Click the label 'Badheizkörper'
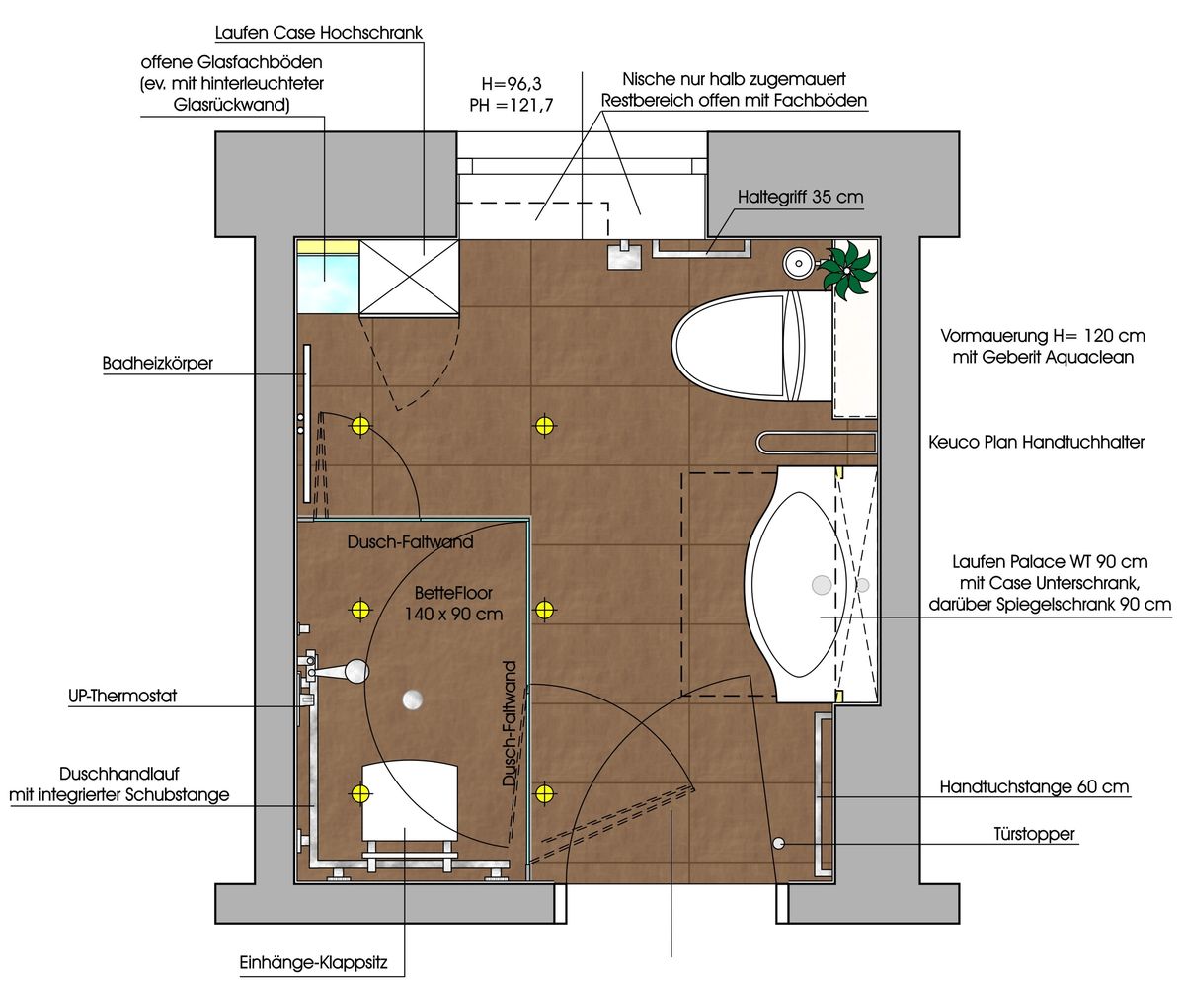pyautogui.click(x=158, y=363)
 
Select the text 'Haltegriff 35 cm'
pyautogui.click(x=800, y=197)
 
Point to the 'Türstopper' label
pyautogui.click(x=1034, y=834)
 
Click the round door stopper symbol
pyautogui.click(x=779, y=843)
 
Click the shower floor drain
pyautogui.click(x=413, y=699)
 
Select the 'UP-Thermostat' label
pyautogui.click(x=122, y=696)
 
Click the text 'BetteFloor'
pyautogui.click(x=453, y=593)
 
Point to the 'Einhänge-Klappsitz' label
pyautogui.click(x=313, y=963)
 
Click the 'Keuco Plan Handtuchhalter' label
pyautogui.click(x=1036, y=442)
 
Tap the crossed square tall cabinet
pyautogui.click(x=409, y=277)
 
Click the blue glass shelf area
pyautogui.click(x=328, y=283)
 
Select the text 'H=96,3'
pyautogui.click(x=512, y=84)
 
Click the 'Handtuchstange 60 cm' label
pyautogui.click(x=1034, y=787)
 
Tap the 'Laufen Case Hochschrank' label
pyautogui.click(x=318, y=33)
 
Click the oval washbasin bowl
pyautogui.click(x=800, y=585)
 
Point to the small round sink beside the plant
pyautogui.click(x=799, y=264)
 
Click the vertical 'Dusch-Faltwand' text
pyautogui.click(x=511, y=723)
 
